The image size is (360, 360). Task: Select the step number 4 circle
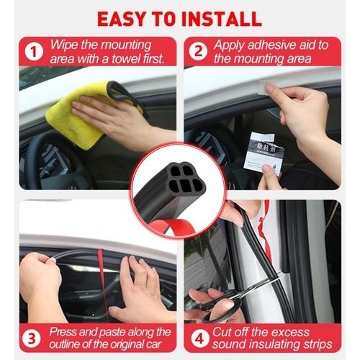click(x=199, y=338)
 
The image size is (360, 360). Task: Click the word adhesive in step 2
click(x=270, y=45)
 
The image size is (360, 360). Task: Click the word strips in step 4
click(x=314, y=344)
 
